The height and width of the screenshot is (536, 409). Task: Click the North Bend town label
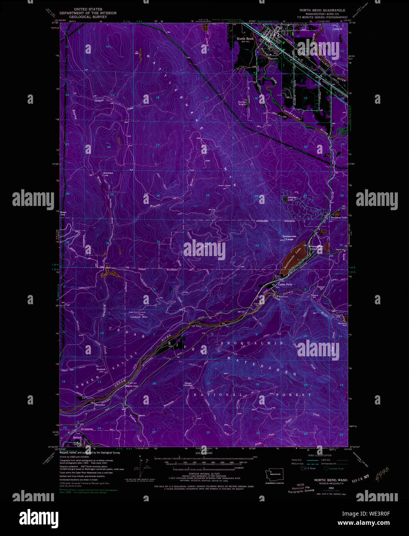(245, 39)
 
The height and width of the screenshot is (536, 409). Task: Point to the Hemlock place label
(101, 369)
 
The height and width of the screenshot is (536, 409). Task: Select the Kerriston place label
(108, 173)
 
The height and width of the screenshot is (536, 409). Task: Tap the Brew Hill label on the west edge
(63, 214)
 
